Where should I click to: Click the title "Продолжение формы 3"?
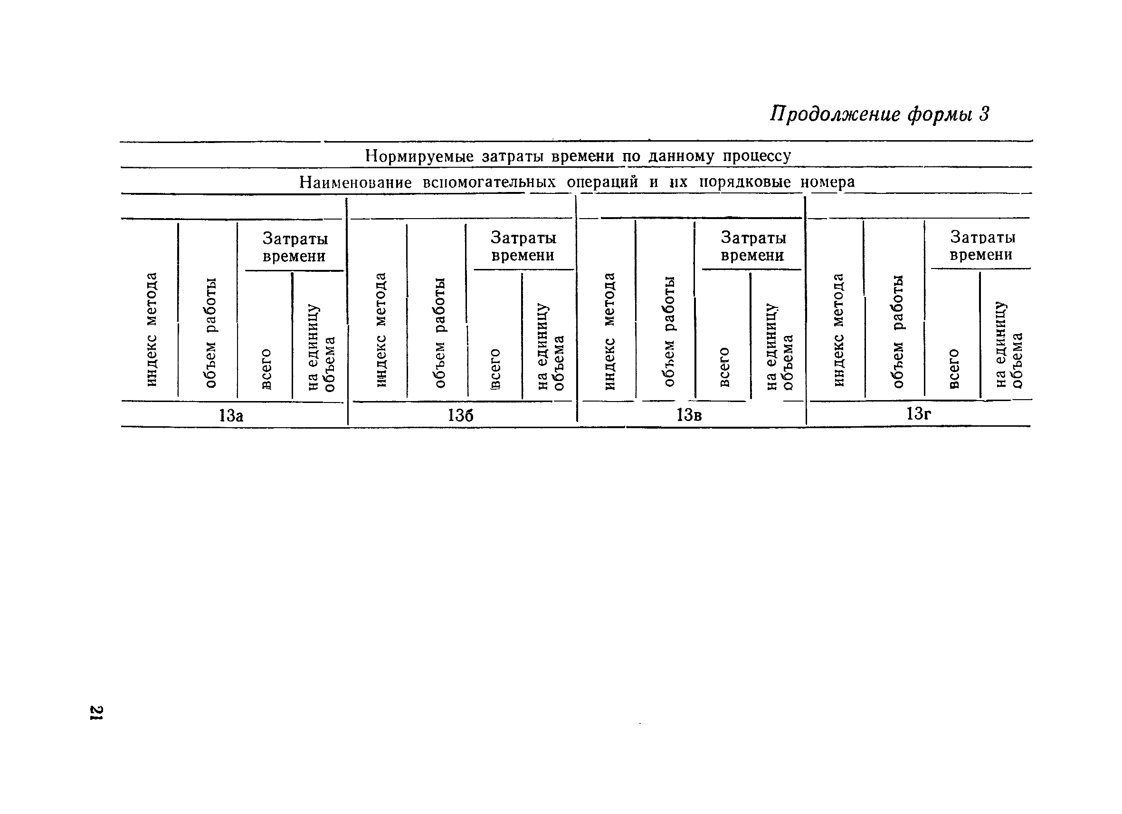point(880,115)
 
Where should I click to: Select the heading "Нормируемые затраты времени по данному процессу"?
point(578,156)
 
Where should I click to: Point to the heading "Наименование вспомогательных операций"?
point(577,182)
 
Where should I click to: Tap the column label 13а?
point(231,416)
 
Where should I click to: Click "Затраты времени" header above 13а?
point(295,248)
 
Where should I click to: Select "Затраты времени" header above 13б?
point(523,247)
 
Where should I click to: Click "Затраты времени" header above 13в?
point(753,247)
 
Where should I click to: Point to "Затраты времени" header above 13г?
point(982,246)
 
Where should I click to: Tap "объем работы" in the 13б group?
point(439,333)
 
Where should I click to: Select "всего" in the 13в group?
point(724,367)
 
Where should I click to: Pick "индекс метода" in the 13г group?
point(838,330)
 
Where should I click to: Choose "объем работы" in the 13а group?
point(210,333)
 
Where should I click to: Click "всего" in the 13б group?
point(494,369)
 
